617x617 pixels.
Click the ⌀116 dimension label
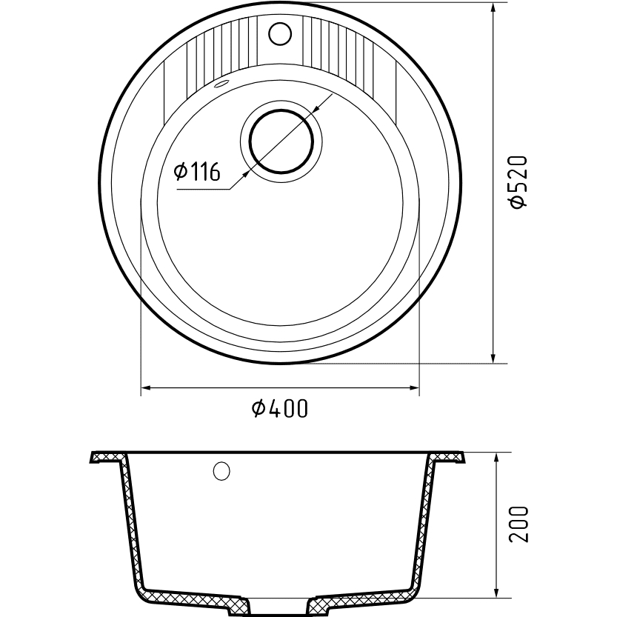tap(197, 172)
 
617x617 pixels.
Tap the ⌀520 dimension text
tap(517, 181)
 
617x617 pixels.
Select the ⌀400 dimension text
tap(279, 408)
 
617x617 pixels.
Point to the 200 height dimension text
tap(518, 524)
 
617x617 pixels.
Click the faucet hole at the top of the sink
tap(280, 33)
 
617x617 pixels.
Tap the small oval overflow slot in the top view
tap(222, 84)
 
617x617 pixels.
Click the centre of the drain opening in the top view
tap(281, 141)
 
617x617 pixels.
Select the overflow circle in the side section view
tap(221, 470)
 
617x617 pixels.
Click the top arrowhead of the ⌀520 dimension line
tap(493, 8)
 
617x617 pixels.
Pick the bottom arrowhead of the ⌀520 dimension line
tap(493, 358)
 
